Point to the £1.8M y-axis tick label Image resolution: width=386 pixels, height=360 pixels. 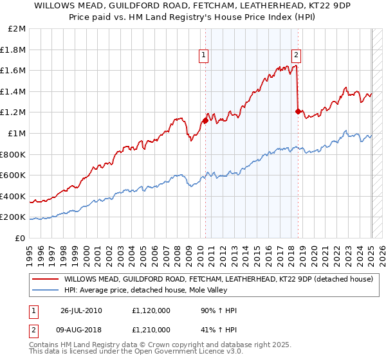pyautogui.click(x=14, y=50)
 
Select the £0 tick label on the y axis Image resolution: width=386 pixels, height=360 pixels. pyautogui.click(x=21, y=238)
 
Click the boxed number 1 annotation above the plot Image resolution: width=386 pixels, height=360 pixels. pyautogui.click(x=203, y=55)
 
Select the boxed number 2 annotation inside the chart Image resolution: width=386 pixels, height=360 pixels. pyautogui.click(x=297, y=55)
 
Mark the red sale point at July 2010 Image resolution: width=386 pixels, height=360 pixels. pyautogui.click(x=205, y=120)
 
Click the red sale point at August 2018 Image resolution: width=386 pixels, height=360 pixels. pyautogui.click(x=298, y=111)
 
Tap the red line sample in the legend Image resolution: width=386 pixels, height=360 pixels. pyautogui.click(x=45, y=280)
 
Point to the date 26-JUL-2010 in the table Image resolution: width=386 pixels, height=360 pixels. pyautogui.click(x=82, y=310)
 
